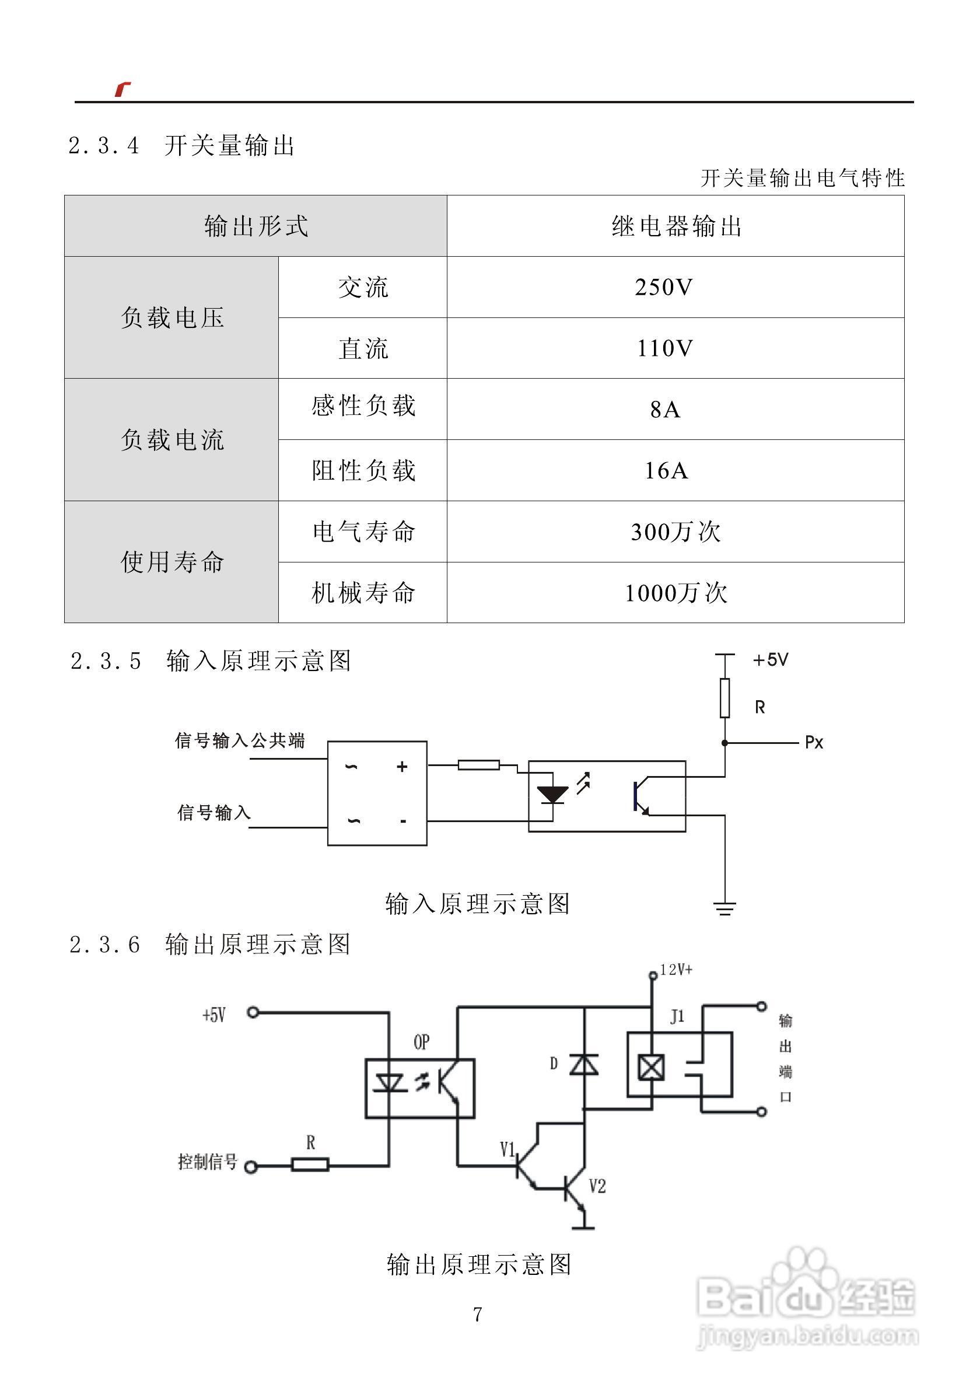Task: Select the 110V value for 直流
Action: tap(664, 348)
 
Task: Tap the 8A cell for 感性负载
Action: tap(665, 410)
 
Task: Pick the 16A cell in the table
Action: tap(666, 471)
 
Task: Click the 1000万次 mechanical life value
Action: tap(675, 592)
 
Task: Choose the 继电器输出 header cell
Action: tap(676, 226)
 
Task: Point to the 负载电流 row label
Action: tap(172, 440)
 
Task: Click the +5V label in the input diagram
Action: tap(771, 660)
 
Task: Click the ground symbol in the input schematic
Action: tap(724, 908)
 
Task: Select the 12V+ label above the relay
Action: tap(676, 970)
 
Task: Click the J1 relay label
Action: tap(677, 1016)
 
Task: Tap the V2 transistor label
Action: tap(597, 1186)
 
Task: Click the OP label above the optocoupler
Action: tap(422, 1042)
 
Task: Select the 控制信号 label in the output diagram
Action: tap(207, 1161)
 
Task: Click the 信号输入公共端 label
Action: tap(239, 740)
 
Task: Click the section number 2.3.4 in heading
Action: tap(104, 146)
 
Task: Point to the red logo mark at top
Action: tap(123, 89)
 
